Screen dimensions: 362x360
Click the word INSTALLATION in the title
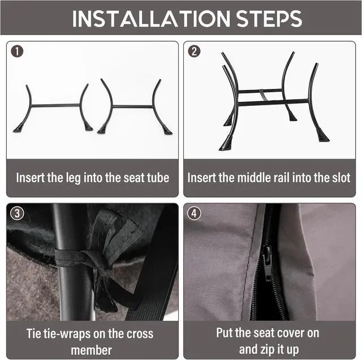coord(152,19)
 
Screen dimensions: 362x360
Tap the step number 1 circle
coord(17,52)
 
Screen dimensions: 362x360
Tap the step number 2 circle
coord(194,52)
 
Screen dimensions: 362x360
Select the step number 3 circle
coord(17,213)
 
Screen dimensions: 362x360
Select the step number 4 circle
coord(194,213)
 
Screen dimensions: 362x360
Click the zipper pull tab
coord(267,263)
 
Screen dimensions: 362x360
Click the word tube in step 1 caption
coord(158,178)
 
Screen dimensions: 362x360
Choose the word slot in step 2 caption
coord(341,178)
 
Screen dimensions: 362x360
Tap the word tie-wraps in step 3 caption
coord(66,334)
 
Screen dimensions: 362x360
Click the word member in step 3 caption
coord(92,350)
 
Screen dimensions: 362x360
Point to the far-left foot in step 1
coord(18,128)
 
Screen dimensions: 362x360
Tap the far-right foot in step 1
coord(167,131)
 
